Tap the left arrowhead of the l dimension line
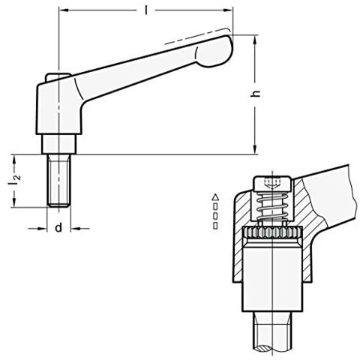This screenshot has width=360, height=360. click(x=61, y=11)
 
